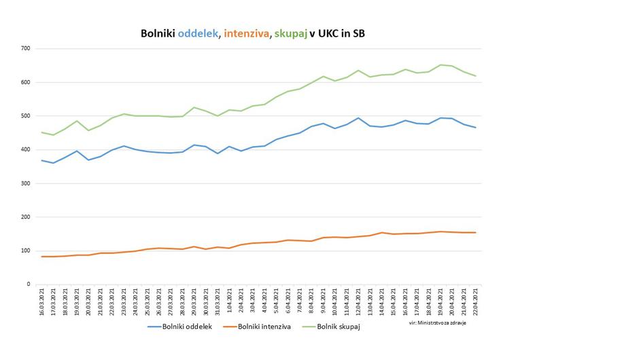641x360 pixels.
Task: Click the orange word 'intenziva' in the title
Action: [246, 33]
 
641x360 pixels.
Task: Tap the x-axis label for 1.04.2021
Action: [230, 301]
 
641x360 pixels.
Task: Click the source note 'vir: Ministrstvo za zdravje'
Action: [437, 323]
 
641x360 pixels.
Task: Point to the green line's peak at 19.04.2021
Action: [440, 65]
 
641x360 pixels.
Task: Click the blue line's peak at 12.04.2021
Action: [359, 118]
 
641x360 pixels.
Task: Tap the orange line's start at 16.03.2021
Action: [42, 257]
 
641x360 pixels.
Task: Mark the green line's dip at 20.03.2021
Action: [88, 130]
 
